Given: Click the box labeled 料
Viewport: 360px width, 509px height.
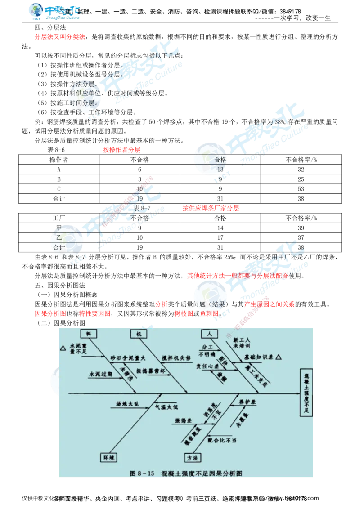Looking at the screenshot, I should [x=88, y=333].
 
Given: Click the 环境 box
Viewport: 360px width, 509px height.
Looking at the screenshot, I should [x=108, y=457].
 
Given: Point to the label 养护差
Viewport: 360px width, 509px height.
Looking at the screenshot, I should [x=247, y=401].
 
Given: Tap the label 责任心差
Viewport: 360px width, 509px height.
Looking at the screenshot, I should [x=205, y=366].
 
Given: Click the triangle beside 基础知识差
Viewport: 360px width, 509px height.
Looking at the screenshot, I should [x=279, y=357].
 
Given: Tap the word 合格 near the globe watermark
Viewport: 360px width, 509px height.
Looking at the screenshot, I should [x=220, y=160].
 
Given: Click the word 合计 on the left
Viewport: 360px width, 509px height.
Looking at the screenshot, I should [x=59, y=247].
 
